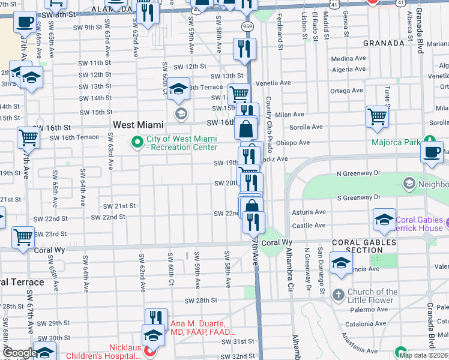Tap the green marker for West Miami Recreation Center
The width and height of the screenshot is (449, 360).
(137, 143)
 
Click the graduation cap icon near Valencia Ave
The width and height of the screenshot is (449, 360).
(342, 264)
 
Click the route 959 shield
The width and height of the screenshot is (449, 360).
(247, 26)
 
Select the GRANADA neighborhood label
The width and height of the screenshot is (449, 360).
(384, 43)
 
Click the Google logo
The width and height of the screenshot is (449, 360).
(19, 353)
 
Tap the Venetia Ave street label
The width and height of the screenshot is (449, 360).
(274, 83)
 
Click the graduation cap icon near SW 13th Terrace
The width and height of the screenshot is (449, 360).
(178, 89)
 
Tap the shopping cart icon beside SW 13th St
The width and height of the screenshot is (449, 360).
(239, 93)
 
